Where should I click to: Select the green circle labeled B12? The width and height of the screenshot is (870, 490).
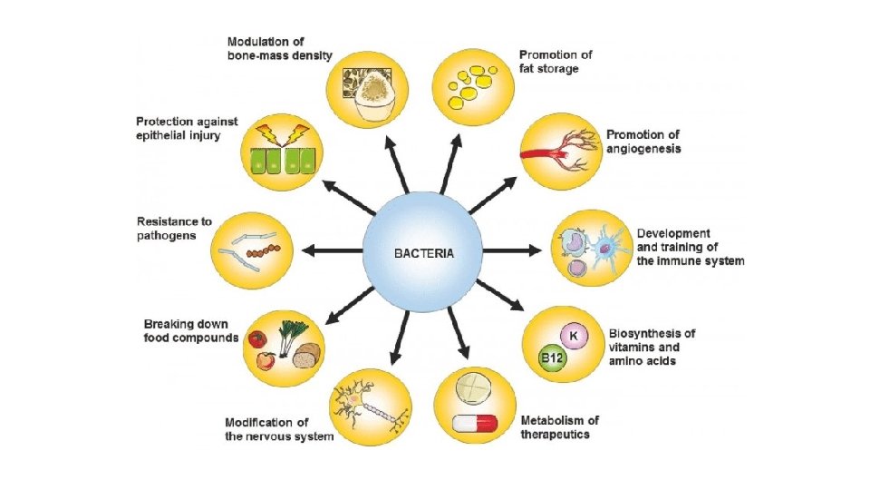552,358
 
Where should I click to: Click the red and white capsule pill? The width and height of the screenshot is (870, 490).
474,423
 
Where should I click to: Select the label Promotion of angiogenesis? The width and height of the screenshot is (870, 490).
643,142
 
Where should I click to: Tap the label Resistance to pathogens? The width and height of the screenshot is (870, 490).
174,227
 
